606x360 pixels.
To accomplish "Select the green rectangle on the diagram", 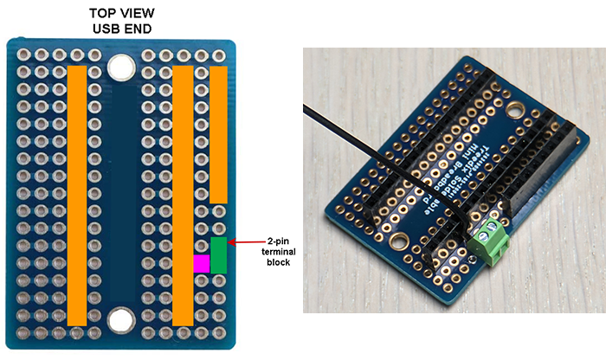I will [x=218, y=254].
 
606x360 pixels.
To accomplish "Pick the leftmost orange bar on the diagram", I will [x=77, y=195].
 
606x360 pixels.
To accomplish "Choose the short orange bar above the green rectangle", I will [x=218, y=134].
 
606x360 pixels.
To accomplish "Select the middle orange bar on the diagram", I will [x=183, y=195].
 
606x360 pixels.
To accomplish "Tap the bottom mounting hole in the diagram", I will [x=120, y=322].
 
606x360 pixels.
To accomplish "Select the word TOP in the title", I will [x=100, y=15].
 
